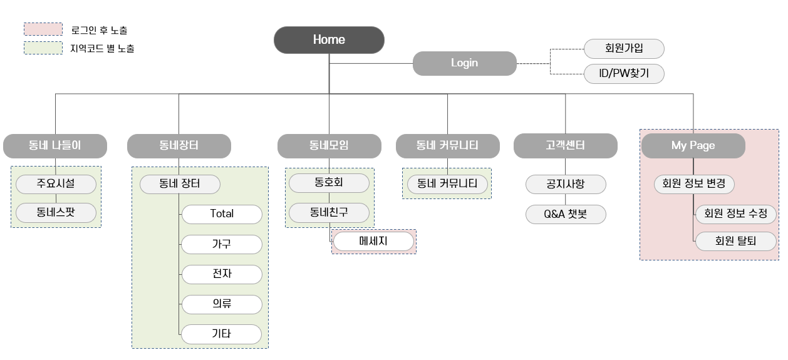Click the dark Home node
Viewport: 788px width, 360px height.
click(329, 39)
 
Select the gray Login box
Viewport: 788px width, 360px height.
click(464, 63)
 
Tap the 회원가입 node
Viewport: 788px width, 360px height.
click(623, 48)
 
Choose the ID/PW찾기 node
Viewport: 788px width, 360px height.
click(623, 74)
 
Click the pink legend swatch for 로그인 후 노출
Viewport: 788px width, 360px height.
click(43, 29)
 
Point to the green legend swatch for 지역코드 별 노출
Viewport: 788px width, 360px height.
click(43, 48)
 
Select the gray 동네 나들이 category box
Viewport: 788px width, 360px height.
click(54, 146)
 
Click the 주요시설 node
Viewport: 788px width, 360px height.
click(56, 184)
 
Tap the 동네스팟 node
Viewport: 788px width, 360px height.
click(56, 213)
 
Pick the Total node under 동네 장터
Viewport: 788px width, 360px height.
click(222, 214)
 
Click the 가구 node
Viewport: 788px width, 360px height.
click(222, 244)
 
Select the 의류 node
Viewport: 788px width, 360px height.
click(222, 304)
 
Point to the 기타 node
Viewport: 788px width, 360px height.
click(222, 334)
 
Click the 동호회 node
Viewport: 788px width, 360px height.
click(329, 183)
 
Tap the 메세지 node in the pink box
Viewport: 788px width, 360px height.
click(373, 242)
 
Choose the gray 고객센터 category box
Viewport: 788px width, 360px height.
click(565, 146)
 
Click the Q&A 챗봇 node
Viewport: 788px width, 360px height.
click(566, 215)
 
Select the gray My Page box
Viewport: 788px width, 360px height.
click(693, 146)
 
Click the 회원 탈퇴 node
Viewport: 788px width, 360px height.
click(736, 241)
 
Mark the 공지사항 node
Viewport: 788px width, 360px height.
click(566, 184)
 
